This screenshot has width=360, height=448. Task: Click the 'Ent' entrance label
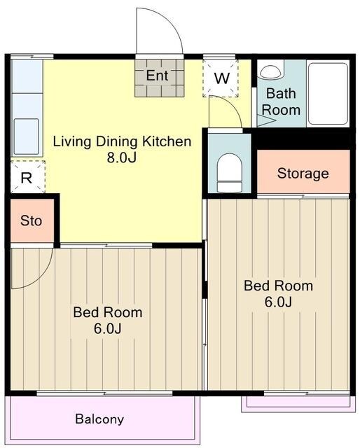[x=157, y=76]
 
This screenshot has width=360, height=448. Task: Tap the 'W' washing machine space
[x=221, y=78]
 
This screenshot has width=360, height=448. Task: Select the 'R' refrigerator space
[x=28, y=177]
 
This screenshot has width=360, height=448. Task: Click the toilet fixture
[x=230, y=173]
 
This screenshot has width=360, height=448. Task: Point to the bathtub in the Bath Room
[x=328, y=93]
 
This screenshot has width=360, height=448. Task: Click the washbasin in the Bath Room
[x=270, y=71]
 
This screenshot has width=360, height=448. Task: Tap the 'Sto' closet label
[x=32, y=221]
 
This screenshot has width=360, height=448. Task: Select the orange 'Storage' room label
[x=303, y=174]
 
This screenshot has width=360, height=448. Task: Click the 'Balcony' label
[x=99, y=419]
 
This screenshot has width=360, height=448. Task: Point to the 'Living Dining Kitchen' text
[x=122, y=141]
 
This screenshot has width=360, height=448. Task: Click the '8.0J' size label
[x=122, y=157]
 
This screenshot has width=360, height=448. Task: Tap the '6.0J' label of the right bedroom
[x=278, y=302]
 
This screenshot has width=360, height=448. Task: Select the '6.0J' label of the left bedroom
[x=108, y=328]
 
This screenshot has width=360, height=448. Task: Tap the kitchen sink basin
[x=27, y=136]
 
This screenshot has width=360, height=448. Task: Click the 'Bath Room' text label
[x=281, y=101]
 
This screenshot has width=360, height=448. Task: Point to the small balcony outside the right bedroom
[x=298, y=403]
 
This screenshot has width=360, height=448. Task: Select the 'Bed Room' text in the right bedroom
[x=278, y=286]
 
